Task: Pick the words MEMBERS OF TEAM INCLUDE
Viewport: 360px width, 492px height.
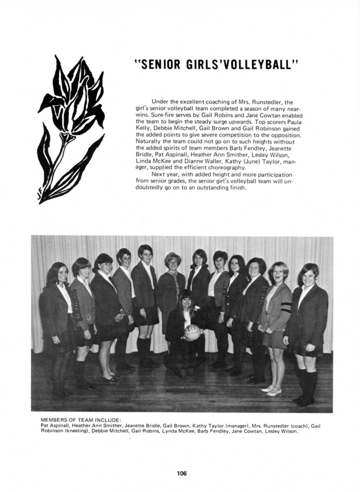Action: [x=80, y=420]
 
